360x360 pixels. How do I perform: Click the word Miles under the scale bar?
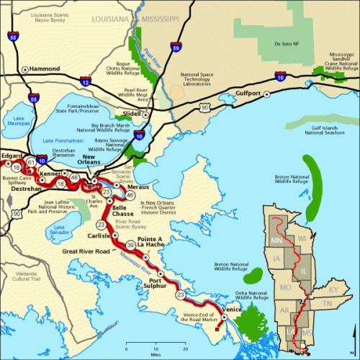[x=156, y=354]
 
